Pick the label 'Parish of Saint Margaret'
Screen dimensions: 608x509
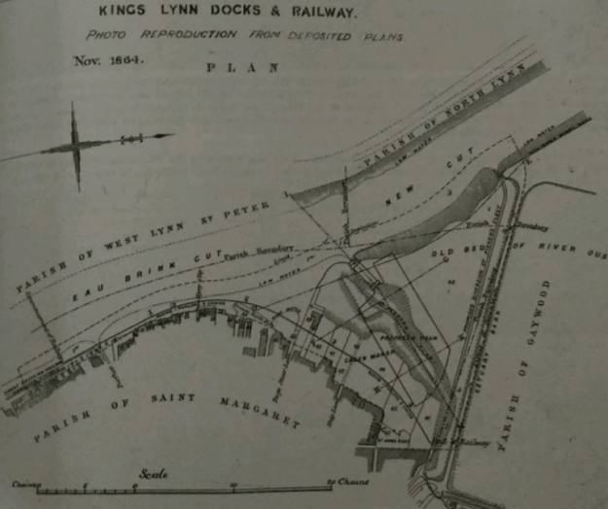pyautogui.click(x=165, y=407)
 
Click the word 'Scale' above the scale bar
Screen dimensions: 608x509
pyautogui.click(x=152, y=474)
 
